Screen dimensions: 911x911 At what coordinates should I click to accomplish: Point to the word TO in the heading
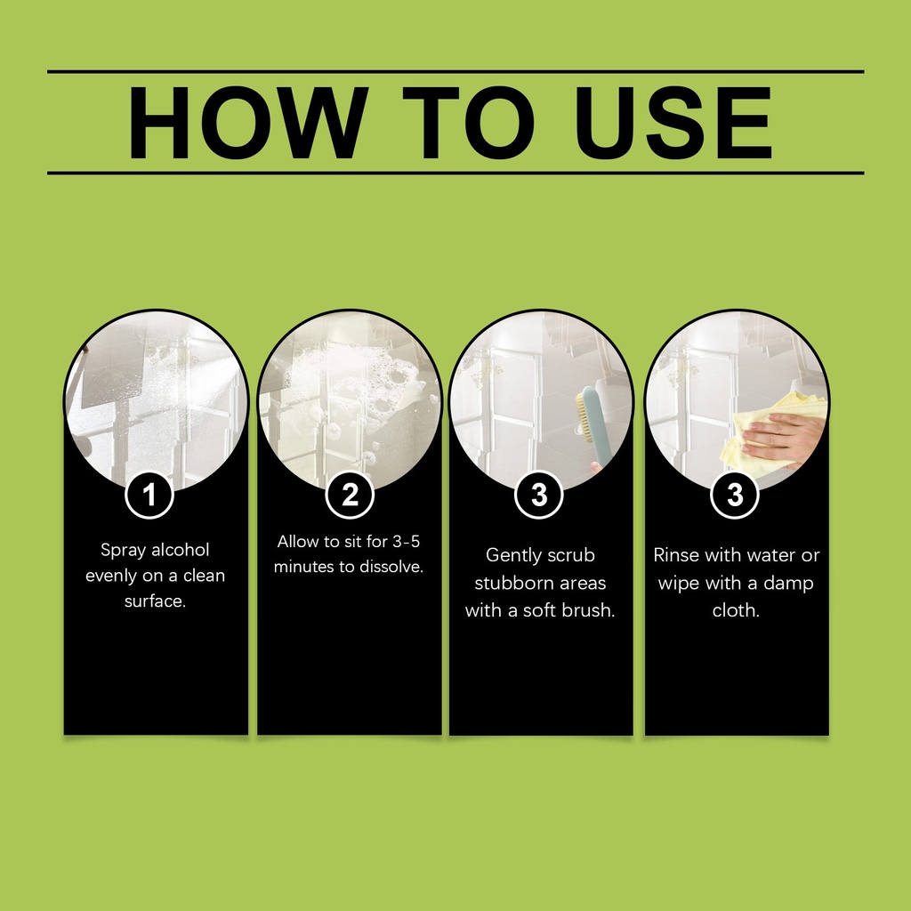pyautogui.click(x=468, y=123)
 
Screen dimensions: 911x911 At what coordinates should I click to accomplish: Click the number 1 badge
pyautogui.click(x=149, y=495)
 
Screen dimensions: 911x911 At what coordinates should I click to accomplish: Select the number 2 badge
pyautogui.click(x=350, y=495)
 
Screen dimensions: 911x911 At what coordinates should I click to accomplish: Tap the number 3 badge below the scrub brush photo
pyautogui.click(x=539, y=495)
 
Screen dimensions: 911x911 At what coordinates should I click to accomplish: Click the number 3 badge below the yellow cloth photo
pyautogui.click(x=735, y=495)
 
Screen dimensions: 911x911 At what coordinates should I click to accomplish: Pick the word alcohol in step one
pyautogui.click(x=180, y=550)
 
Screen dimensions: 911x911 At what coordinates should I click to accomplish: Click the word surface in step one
pyautogui.click(x=154, y=601)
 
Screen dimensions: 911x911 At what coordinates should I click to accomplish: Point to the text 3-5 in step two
pyautogui.click(x=406, y=542)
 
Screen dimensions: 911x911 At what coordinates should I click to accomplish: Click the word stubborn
pyautogui.click(x=507, y=583)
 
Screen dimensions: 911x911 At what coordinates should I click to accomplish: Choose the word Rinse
pyautogui.click(x=676, y=555)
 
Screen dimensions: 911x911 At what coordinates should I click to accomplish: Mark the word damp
pyautogui.click(x=788, y=584)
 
